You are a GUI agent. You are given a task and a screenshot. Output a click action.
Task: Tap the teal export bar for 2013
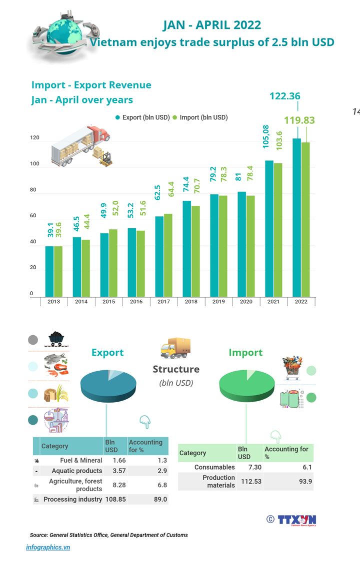(x=49, y=272)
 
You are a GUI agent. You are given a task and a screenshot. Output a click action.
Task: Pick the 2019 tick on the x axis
(x=218, y=302)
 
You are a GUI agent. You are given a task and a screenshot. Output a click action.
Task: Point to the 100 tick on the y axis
(x=34, y=164)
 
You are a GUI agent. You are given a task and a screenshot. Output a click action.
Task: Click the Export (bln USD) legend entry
(x=142, y=117)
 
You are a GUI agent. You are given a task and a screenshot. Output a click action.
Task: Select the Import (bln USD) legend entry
(x=200, y=117)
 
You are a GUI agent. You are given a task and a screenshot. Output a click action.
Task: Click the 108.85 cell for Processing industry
(x=115, y=499)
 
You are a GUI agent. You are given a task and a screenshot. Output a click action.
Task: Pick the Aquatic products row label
(x=76, y=471)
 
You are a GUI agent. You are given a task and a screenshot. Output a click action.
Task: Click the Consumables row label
(x=214, y=467)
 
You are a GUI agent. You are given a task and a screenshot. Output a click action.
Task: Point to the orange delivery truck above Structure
(x=175, y=348)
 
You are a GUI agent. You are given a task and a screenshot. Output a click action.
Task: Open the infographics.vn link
(x=48, y=547)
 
